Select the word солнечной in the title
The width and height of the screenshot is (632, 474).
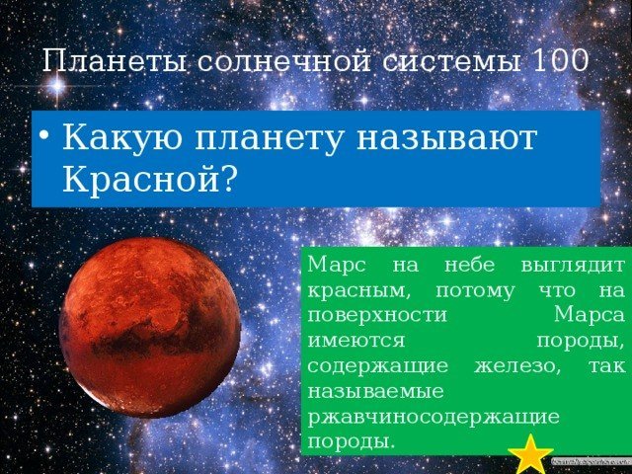[x=284, y=61]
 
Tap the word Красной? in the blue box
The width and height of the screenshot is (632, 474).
[x=149, y=179]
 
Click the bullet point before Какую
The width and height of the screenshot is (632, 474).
[x=45, y=136]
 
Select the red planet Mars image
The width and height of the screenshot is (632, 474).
[x=150, y=327]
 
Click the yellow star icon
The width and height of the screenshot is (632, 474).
[x=530, y=453]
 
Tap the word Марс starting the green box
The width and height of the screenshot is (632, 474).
[x=337, y=267]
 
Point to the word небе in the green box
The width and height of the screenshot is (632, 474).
[x=470, y=266]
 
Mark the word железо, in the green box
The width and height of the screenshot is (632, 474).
[x=517, y=366]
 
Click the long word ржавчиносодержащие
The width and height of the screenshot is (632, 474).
[x=434, y=418]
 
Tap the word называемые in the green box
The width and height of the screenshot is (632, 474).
[x=375, y=392]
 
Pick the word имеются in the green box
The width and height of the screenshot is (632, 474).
[x=355, y=342]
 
